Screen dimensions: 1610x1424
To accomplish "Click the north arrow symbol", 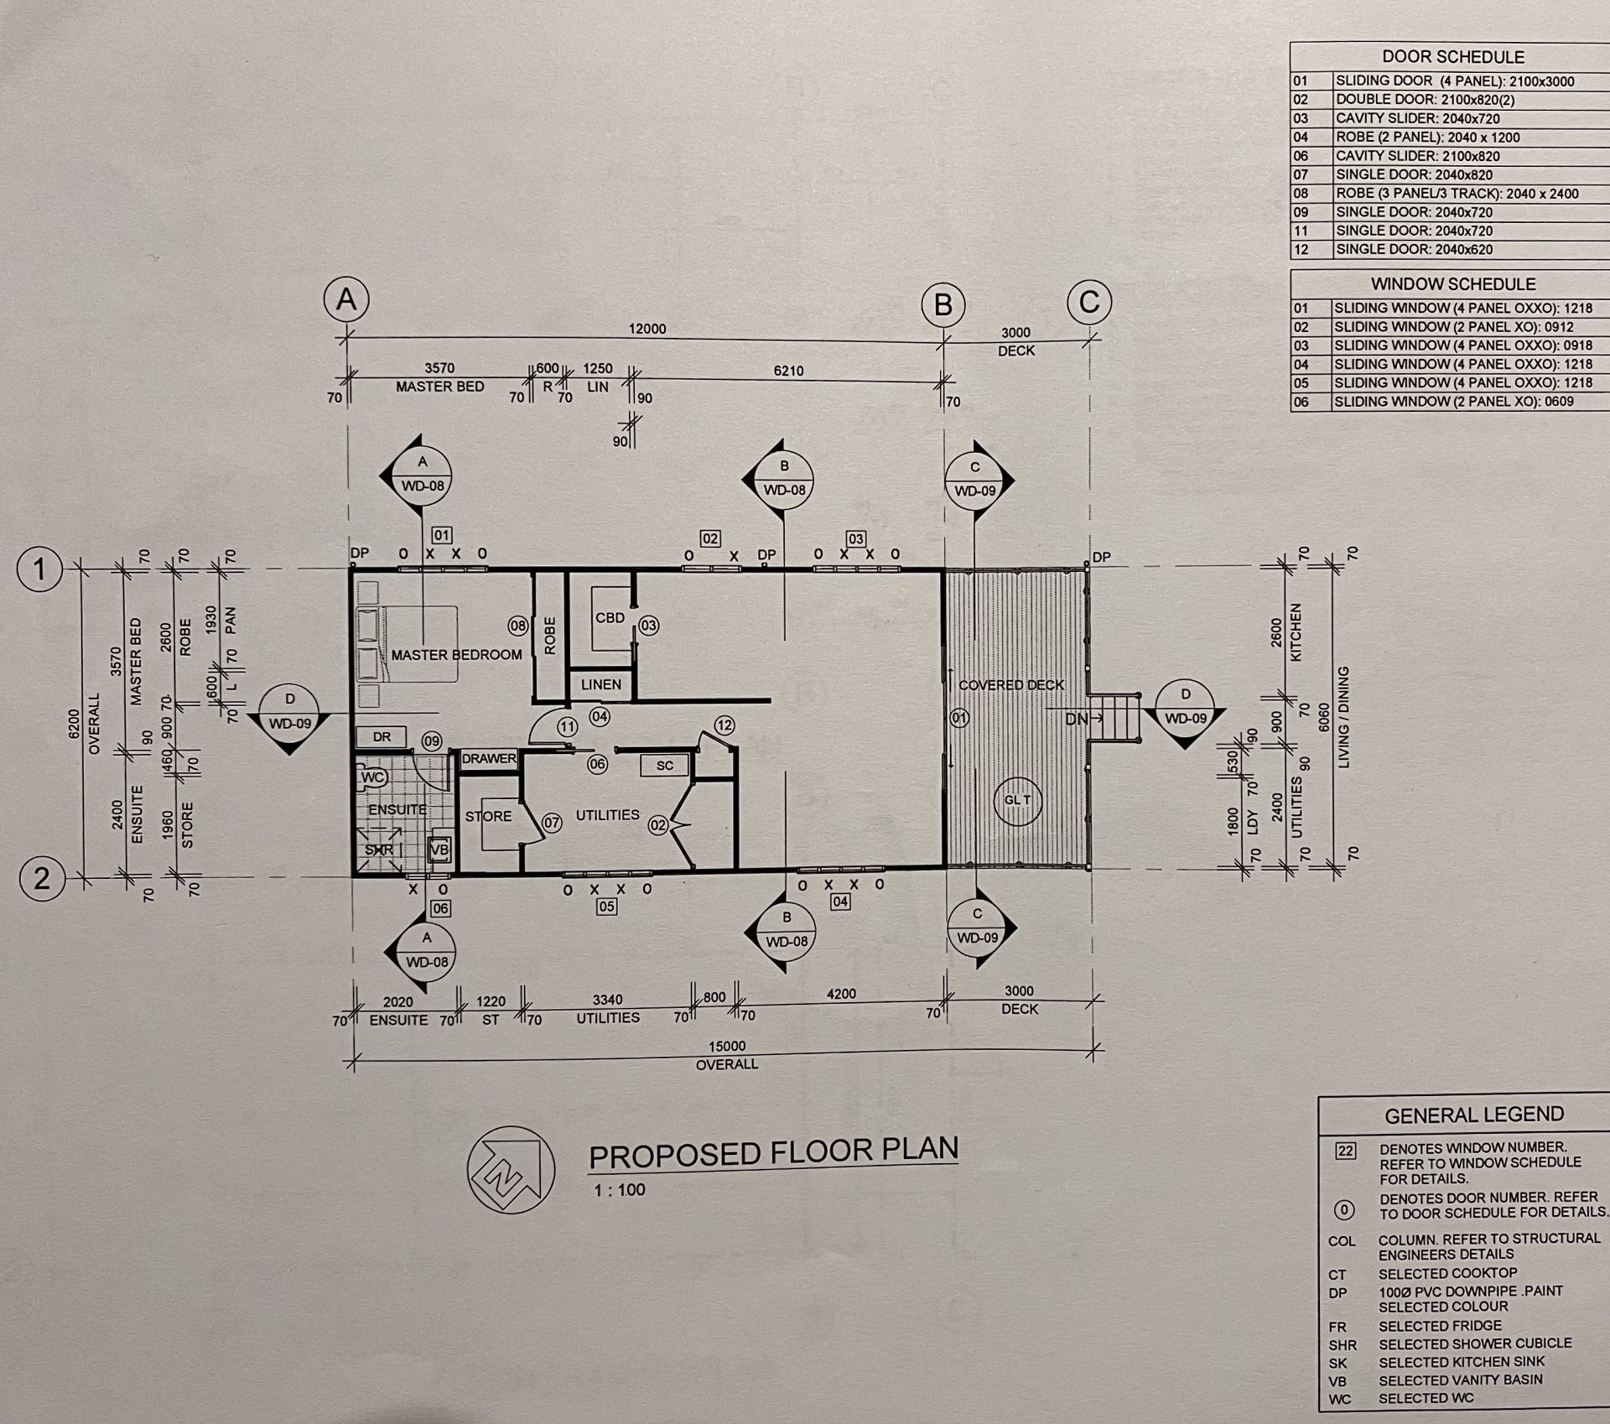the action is click(x=511, y=1168).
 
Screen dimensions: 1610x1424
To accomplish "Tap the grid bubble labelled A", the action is click(x=346, y=299).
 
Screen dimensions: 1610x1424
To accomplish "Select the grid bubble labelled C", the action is click(x=1089, y=302).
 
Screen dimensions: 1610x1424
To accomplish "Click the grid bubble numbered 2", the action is click(x=41, y=879).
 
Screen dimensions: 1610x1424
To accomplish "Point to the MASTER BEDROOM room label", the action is click(x=456, y=655).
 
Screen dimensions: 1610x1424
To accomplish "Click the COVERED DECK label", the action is click(x=1011, y=685).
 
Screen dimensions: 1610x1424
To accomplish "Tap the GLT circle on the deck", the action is click(x=1017, y=800).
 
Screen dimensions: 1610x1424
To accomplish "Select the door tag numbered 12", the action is click(x=724, y=725).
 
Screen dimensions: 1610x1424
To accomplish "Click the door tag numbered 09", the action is click(x=431, y=741).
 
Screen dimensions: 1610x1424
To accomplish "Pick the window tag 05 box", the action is click(x=606, y=907).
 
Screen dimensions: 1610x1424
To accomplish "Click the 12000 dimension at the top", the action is click(x=647, y=330).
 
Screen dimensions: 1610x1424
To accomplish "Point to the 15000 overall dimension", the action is click(x=726, y=1047).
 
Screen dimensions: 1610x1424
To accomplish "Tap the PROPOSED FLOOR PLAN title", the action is click(x=773, y=1152).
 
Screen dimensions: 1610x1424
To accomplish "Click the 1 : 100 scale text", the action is click(x=620, y=1190).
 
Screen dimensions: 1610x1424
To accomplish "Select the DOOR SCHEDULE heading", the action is click(x=1453, y=57).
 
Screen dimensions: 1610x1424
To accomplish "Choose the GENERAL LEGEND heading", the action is click(x=1474, y=1115).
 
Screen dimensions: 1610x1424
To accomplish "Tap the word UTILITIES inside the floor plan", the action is click(x=607, y=815).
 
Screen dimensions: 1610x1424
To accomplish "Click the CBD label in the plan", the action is click(x=610, y=618).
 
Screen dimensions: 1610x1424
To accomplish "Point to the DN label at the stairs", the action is click(x=1076, y=720).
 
